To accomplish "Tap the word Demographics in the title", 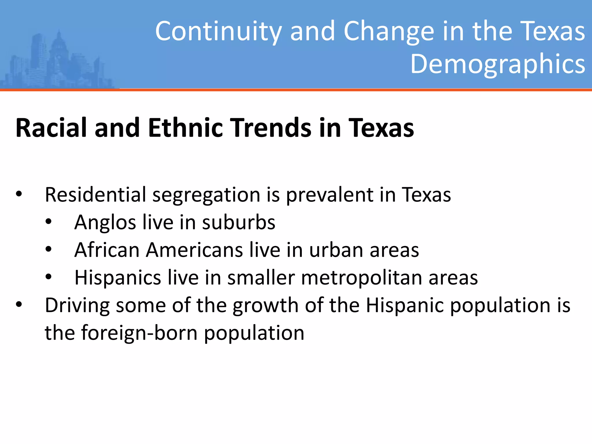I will point(497,64).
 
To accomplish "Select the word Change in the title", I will point(389,31).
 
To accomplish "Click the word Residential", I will point(95,195).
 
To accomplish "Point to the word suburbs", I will point(238,222).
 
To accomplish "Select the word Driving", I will point(77,306).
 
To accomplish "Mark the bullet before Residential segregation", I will point(19,195).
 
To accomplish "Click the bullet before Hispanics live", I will point(49,277).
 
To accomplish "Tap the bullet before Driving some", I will point(19,305).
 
